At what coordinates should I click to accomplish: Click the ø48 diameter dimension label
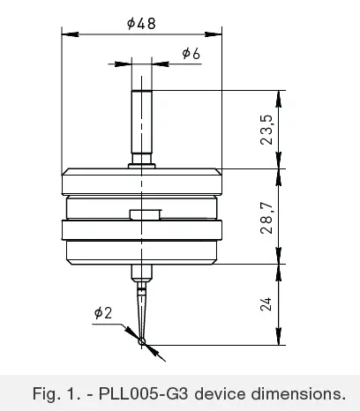[x=141, y=25]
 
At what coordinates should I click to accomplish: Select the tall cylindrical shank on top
[x=141, y=123]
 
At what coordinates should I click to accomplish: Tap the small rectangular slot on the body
[x=144, y=214]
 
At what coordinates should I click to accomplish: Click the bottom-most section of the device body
[x=141, y=254]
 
